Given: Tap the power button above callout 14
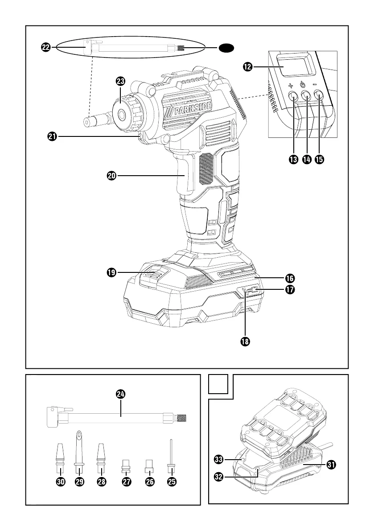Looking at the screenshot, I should coord(306,95).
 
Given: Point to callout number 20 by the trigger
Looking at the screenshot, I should coord(111,176).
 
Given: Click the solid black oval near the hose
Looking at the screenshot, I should coord(226,48).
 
